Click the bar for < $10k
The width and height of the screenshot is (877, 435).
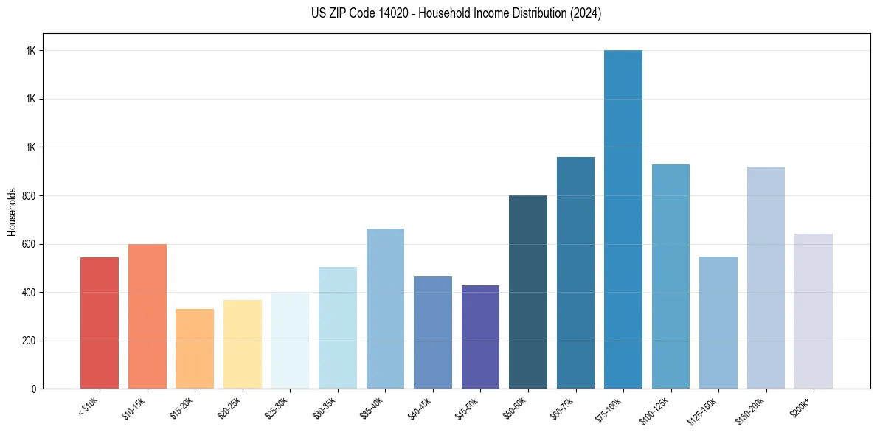coord(100,323)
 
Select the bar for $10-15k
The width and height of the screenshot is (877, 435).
coord(148,316)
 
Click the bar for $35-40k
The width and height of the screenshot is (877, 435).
coord(385,309)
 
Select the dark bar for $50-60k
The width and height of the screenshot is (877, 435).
coord(528,292)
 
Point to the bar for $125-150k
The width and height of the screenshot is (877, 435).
coord(718,322)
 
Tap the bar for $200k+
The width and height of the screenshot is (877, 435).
coord(814,311)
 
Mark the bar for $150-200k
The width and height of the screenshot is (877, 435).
coord(766,277)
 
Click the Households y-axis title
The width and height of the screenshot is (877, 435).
coord(12,212)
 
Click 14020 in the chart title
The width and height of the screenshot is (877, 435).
coord(374,13)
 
